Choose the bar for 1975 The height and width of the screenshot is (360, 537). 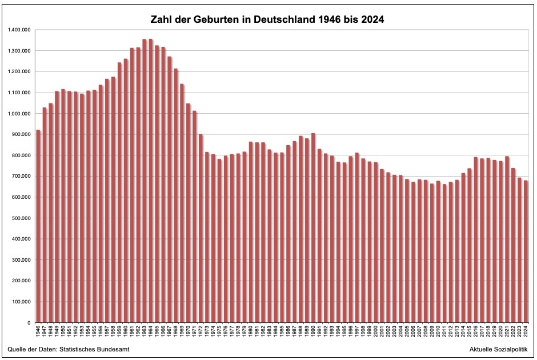(x=219, y=241)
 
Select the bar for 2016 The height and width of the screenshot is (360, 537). (x=476, y=240)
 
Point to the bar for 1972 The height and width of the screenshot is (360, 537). (x=201, y=228)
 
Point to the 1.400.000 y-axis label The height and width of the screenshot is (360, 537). (x=19, y=30)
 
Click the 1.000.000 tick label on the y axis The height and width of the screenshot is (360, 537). (x=19, y=114)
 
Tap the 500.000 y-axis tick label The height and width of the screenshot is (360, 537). (x=21, y=218)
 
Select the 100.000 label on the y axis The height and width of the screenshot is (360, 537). (x=21, y=302)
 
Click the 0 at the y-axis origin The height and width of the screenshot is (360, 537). (x=30, y=323)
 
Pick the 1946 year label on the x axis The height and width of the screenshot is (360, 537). (x=38, y=332)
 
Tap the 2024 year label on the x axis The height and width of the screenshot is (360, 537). (x=526, y=332)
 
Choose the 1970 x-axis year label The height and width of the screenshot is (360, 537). (x=189, y=332)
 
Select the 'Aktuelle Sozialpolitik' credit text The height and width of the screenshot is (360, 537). (x=498, y=349)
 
